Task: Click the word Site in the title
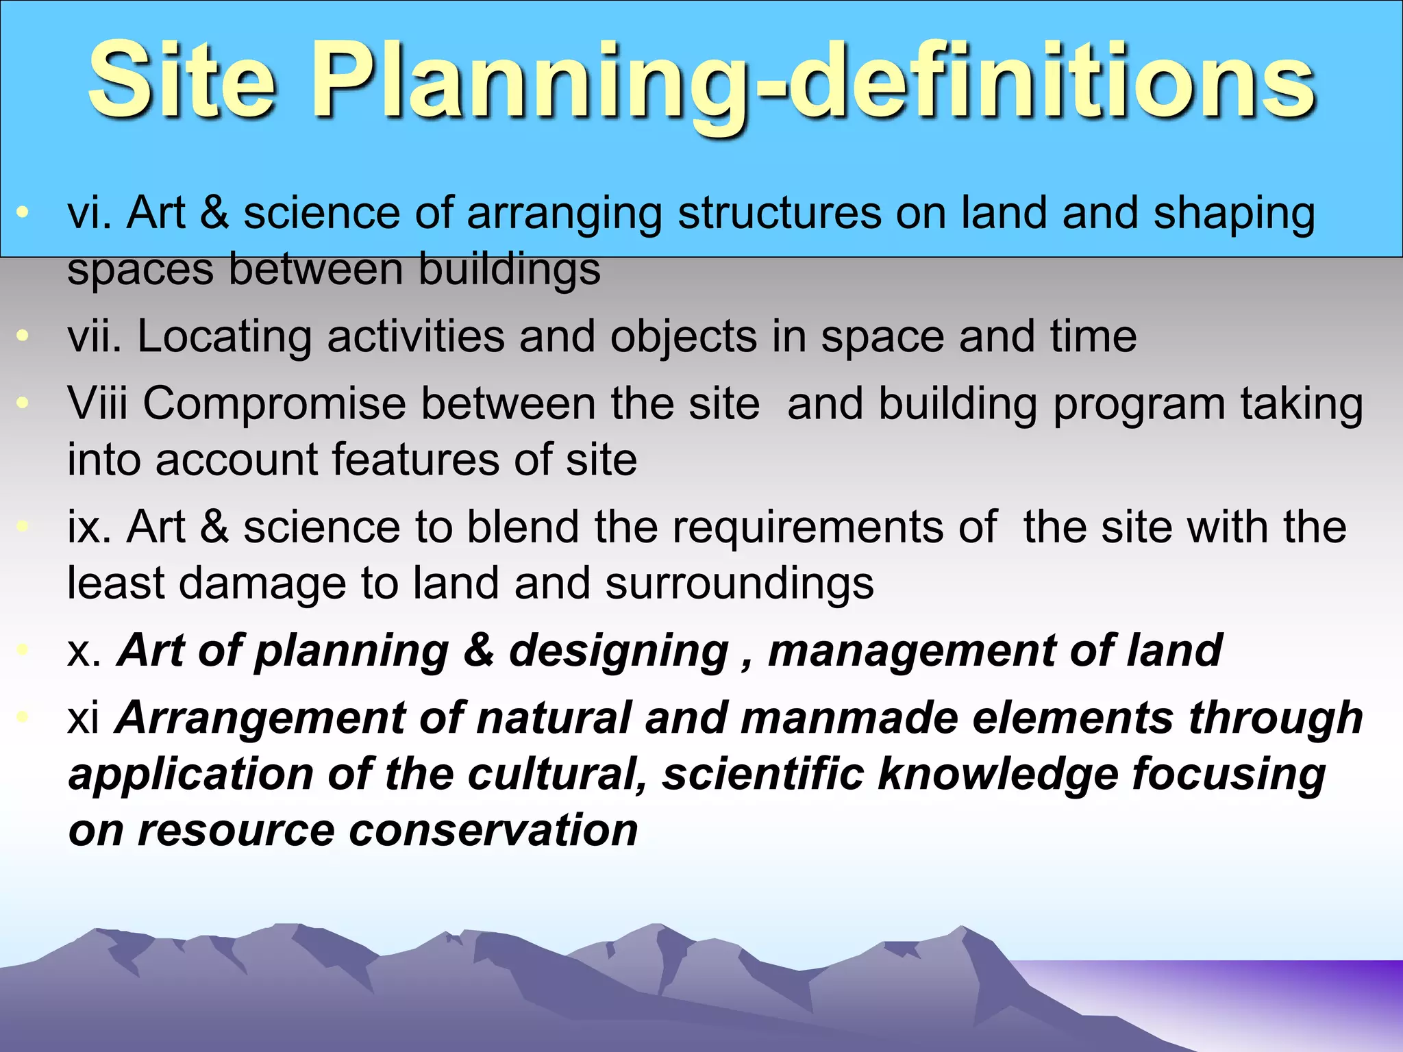coord(182,81)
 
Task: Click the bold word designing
coord(619,651)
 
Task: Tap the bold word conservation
coord(493,830)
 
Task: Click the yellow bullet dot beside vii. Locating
coord(23,336)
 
